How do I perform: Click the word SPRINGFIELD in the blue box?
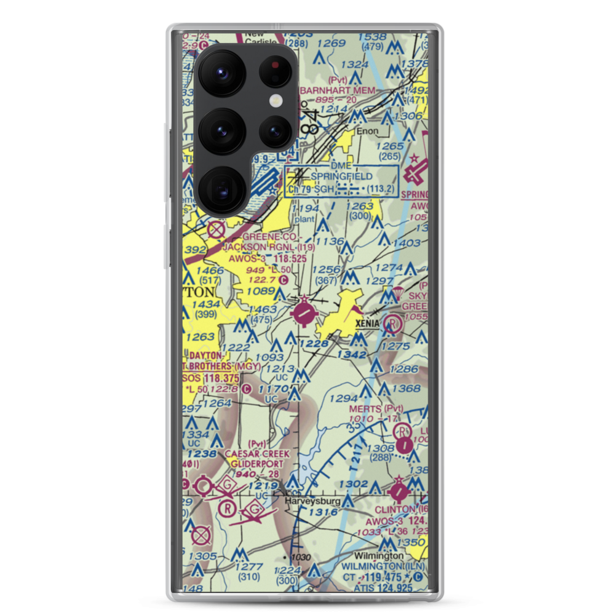[341, 177]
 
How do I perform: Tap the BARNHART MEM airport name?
[337, 90]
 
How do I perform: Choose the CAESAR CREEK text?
[256, 454]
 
